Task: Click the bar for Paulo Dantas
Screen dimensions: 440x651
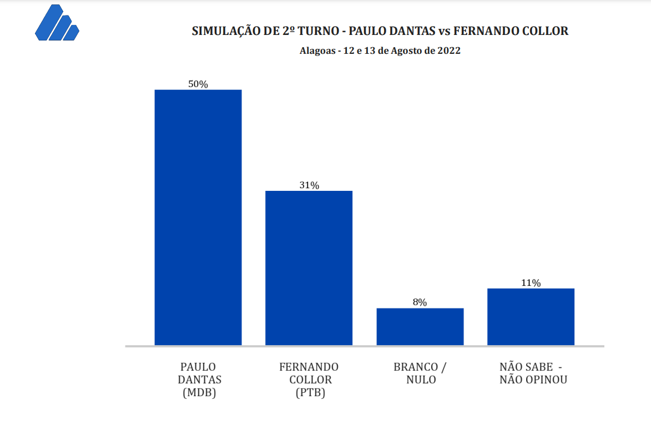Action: point(198,217)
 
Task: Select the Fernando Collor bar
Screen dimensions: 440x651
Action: point(309,267)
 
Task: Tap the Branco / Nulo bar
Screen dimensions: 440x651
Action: point(420,326)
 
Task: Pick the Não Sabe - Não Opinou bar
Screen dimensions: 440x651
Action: point(531,316)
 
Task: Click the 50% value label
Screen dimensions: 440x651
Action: point(198,84)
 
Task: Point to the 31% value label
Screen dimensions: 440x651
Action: point(309,185)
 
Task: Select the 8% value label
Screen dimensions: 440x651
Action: point(420,302)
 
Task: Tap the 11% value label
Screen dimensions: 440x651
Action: point(531,283)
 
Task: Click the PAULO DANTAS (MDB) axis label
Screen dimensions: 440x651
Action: point(198,380)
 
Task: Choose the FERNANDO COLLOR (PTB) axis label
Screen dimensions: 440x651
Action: point(309,380)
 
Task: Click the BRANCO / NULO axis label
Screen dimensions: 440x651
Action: point(420,373)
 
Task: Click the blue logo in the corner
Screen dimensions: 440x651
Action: point(57,23)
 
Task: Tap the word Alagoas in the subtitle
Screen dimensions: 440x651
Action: point(317,50)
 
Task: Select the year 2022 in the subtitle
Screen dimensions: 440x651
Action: point(449,50)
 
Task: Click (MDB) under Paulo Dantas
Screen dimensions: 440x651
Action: point(198,393)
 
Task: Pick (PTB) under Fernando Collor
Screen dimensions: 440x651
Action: point(309,393)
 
